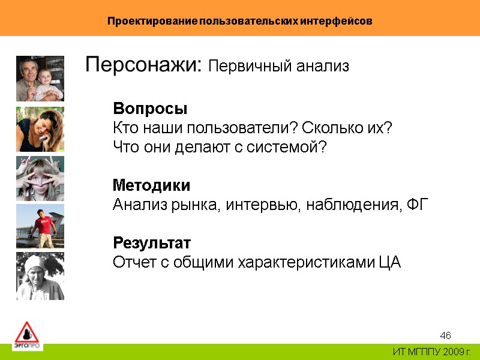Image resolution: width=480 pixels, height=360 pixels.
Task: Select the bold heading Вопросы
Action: pos(150,109)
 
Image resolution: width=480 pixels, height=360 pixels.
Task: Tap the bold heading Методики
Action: pos(152,185)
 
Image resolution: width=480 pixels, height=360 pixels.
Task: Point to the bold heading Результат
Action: pos(152,243)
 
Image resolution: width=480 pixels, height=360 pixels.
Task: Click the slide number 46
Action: pos(445,335)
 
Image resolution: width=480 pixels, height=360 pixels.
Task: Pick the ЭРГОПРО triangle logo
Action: pos(26,335)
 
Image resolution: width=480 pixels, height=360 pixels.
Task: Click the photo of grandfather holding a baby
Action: pos(40,79)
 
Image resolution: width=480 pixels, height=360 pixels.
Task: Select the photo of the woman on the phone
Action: pos(40,129)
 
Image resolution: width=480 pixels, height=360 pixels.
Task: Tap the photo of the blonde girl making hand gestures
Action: pos(40,178)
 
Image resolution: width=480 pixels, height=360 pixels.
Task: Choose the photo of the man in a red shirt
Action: pos(40,226)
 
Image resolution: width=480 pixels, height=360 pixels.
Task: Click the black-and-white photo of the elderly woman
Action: pos(40,276)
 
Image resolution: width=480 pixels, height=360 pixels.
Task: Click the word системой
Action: pos(290,148)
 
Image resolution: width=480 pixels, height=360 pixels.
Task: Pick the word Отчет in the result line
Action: pos(132,263)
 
